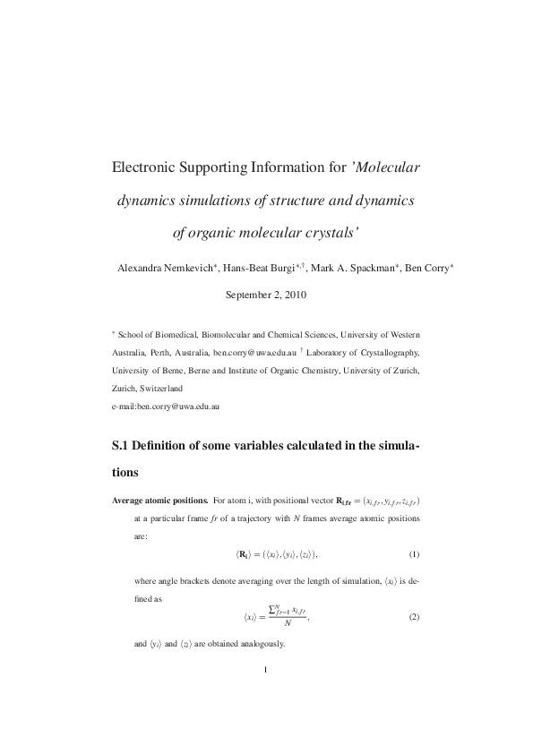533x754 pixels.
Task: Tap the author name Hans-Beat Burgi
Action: coord(261,269)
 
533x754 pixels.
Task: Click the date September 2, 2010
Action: coord(266,294)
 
